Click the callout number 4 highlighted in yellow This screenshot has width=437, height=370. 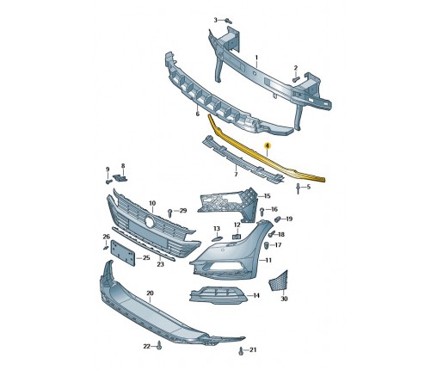[x=268, y=145]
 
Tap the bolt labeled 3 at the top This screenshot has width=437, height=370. [x=228, y=21]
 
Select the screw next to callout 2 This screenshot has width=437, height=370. [x=296, y=78]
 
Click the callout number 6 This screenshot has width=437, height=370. [x=197, y=114]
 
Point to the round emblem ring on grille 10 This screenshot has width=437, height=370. [x=150, y=221]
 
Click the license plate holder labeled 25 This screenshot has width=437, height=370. [x=123, y=252]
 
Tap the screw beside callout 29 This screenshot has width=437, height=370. [x=170, y=213]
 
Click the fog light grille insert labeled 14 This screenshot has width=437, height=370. [x=218, y=295]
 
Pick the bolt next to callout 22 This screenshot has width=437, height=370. [x=159, y=346]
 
